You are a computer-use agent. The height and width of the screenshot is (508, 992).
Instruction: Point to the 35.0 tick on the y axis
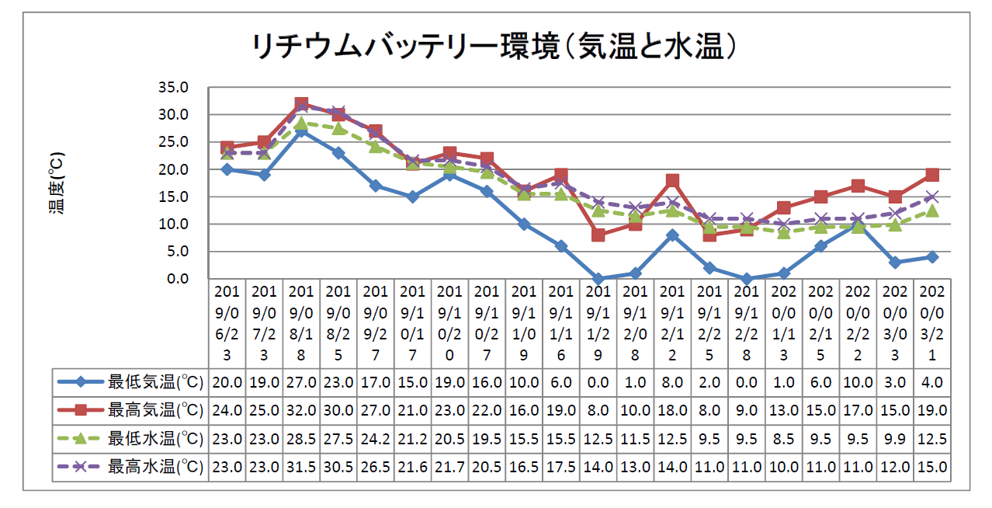tap(173, 88)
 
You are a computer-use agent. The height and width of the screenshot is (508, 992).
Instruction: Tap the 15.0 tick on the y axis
tap(173, 197)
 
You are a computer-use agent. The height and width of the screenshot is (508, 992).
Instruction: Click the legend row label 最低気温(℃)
tap(155, 382)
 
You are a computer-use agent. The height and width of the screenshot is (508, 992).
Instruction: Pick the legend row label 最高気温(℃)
tap(155, 410)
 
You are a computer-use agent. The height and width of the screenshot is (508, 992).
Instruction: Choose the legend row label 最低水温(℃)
tap(155, 439)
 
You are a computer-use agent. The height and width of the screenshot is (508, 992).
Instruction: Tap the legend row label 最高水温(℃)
tap(155, 468)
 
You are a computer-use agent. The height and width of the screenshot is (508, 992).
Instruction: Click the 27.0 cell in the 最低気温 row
tap(301, 382)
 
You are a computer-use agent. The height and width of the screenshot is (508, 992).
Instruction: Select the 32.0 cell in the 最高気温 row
tap(301, 410)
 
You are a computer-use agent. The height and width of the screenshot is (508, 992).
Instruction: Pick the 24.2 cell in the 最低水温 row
tap(376, 439)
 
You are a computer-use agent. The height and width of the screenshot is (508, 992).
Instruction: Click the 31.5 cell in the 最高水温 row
tap(301, 468)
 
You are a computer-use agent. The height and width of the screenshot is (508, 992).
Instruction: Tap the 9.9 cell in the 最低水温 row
tap(895, 439)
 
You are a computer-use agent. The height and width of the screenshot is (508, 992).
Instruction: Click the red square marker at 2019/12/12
tap(672, 180)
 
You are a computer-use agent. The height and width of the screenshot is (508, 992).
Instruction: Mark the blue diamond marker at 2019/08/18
tap(301, 131)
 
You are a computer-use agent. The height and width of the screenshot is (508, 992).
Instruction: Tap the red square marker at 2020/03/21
tap(932, 175)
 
